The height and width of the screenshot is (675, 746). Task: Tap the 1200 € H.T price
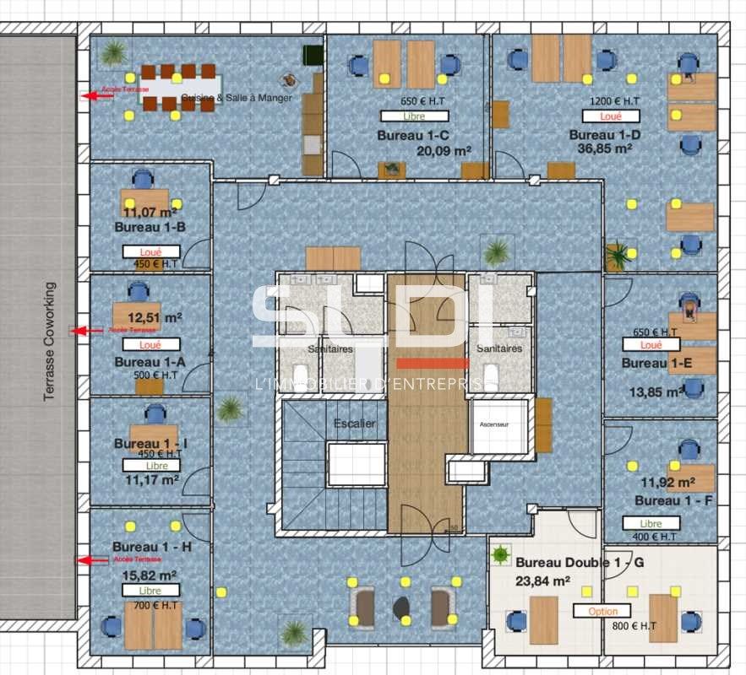pos(614,101)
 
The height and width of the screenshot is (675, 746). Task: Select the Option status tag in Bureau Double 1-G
pos(602,611)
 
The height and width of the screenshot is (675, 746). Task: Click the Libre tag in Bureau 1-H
pos(150,591)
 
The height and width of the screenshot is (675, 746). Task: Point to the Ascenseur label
pos(494,425)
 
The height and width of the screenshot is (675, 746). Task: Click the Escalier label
pos(355,423)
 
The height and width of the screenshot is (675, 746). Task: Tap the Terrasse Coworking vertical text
pos(50,342)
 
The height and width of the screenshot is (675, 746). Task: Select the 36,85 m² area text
pos(601,148)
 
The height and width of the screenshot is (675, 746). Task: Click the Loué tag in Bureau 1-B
pos(150,251)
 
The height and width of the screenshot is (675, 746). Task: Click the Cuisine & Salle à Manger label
pos(237,98)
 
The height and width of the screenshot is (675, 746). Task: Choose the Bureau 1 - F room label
pos(673,500)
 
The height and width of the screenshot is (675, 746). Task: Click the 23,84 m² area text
pos(542,580)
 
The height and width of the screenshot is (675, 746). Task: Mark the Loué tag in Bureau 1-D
pos(610,116)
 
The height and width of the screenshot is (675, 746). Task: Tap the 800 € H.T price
pos(634,626)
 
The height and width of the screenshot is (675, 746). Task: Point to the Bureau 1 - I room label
pos(150,443)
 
